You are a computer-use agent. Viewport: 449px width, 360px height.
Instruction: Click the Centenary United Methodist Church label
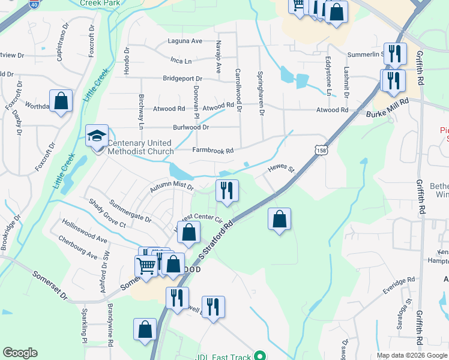click(140, 148)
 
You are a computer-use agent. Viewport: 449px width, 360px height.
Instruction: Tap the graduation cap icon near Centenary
click(96, 136)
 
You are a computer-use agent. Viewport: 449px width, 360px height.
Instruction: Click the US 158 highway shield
click(321, 151)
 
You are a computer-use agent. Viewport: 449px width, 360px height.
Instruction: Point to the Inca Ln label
click(181, 61)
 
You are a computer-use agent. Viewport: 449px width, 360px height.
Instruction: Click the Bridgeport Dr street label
click(184, 79)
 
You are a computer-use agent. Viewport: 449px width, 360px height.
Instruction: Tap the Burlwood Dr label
click(191, 127)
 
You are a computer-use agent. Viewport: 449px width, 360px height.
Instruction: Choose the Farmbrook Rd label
click(212, 151)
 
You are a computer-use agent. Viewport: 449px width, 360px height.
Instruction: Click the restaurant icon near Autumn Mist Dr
click(227, 190)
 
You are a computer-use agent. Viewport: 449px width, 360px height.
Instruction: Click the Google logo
click(20, 353)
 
